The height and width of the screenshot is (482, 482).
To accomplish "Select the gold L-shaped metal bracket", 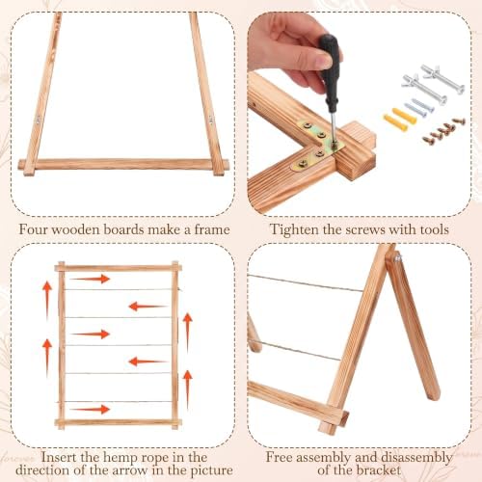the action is tap(318, 146).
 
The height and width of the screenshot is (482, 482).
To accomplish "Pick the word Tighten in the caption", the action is tap(294, 229).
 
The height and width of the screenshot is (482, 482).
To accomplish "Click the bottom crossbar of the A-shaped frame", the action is tap(123, 164).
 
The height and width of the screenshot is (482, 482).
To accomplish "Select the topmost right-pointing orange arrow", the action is tap(91, 279).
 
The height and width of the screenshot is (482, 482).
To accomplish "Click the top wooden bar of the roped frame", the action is tap(118, 268).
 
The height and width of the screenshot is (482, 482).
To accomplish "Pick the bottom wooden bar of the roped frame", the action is tap(118, 422).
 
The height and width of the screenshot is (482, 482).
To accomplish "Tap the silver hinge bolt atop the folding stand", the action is tap(398, 256).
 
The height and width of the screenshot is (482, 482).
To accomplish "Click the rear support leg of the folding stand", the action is tap(413, 325).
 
